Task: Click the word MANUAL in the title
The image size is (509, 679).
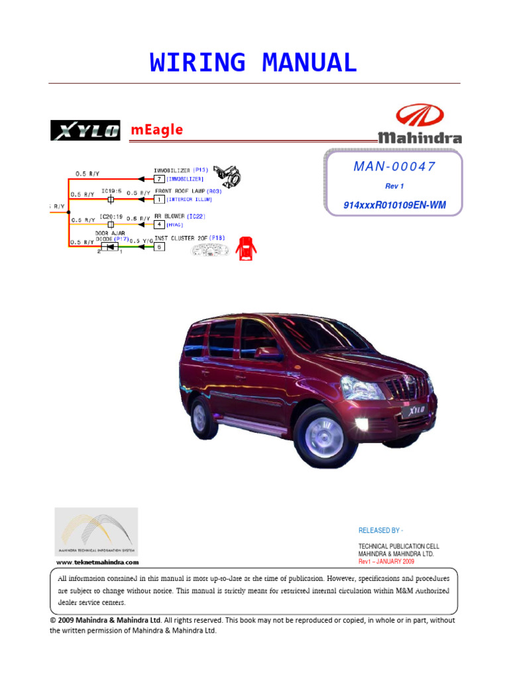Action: (310, 62)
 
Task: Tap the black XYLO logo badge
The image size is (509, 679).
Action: (85, 130)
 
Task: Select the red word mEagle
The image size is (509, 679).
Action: (156, 130)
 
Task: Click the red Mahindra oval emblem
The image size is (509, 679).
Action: (420, 118)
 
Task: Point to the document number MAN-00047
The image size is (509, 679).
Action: (395, 166)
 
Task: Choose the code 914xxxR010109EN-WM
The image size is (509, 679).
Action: (394, 205)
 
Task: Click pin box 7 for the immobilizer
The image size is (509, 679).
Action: (159, 179)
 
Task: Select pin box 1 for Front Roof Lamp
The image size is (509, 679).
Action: (159, 199)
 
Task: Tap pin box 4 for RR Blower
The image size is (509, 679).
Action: (159, 225)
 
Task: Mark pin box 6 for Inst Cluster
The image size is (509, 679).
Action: (159, 247)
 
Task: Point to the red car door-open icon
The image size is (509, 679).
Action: (247, 248)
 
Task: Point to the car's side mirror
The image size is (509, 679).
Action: (267, 353)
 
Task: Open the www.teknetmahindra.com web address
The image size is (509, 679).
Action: (97, 562)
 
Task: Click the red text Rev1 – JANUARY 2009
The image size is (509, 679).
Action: (386, 561)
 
